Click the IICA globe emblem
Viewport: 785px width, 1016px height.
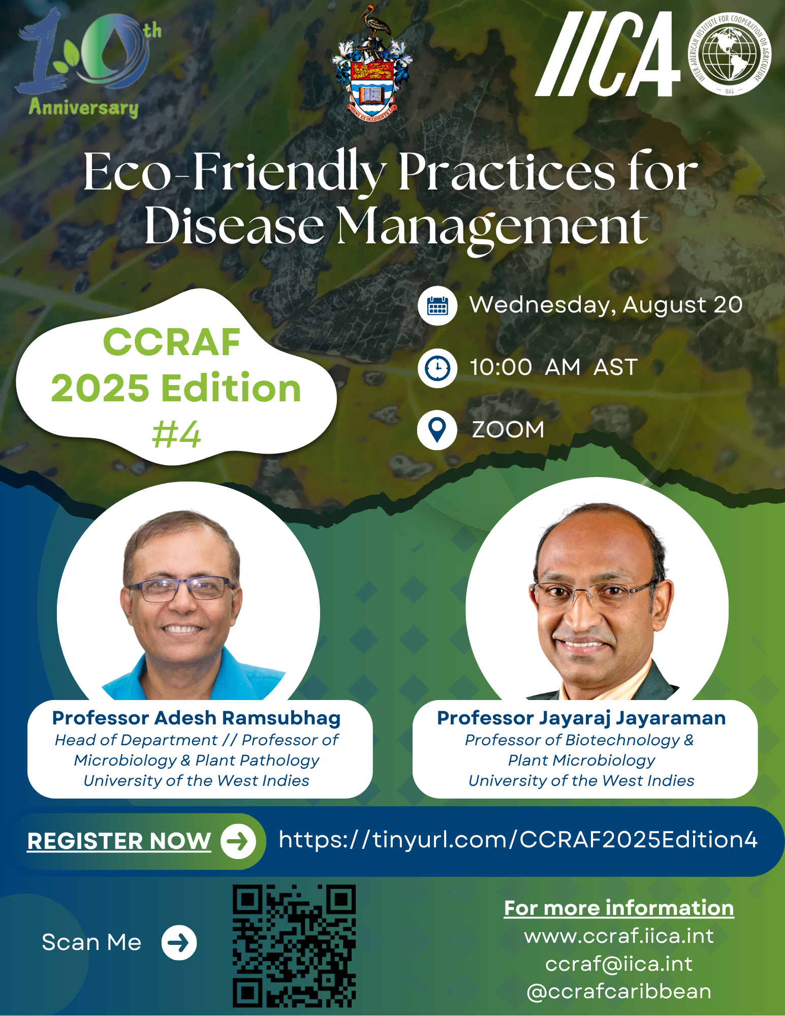pyautogui.click(x=730, y=53)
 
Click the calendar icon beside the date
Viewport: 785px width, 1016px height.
pyautogui.click(x=437, y=305)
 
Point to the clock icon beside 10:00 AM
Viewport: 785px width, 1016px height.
pyautogui.click(x=437, y=368)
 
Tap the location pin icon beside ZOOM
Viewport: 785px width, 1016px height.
pyautogui.click(x=437, y=430)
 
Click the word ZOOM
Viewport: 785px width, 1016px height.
pyautogui.click(x=508, y=430)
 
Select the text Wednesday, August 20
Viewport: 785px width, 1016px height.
pyautogui.click(x=606, y=305)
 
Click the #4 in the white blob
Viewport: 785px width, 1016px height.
pyautogui.click(x=176, y=435)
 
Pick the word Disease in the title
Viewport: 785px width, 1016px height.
pyautogui.click(x=234, y=227)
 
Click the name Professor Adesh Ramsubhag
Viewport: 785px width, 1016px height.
pyautogui.click(x=196, y=718)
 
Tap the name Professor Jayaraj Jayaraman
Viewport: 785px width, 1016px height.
pyautogui.click(x=581, y=718)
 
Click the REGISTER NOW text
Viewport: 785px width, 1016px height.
pyautogui.click(x=119, y=841)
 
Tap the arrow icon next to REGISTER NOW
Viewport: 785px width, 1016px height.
pyautogui.click(x=238, y=841)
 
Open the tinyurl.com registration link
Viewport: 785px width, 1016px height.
pyautogui.click(x=518, y=840)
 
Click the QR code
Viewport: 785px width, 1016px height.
pyautogui.click(x=294, y=946)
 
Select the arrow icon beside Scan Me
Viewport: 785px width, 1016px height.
pyautogui.click(x=179, y=943)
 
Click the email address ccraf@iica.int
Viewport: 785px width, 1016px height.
pyautogui.click(x=619, y=964)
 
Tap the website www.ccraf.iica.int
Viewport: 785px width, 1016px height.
pyautogui.click(x=619, y=936)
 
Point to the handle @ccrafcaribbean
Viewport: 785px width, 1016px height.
pyautogui.click(x=619, y=992)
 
